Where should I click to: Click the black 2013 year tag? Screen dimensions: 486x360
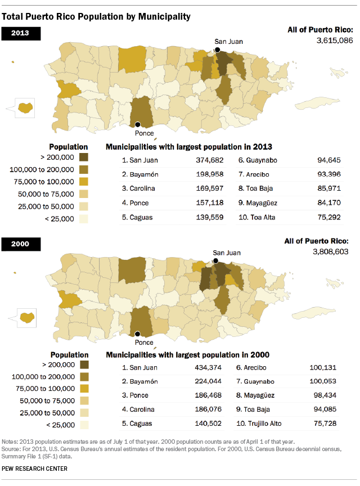point(23,33)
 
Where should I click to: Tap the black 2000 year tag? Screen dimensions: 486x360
point(23,244)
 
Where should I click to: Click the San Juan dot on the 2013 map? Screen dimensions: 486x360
point(218,50)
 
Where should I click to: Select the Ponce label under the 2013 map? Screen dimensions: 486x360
point(145,133)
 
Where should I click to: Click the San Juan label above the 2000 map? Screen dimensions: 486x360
point(226,253)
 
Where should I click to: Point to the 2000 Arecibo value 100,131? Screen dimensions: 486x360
point(323,367)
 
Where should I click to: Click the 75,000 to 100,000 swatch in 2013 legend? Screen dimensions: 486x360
point(84,181)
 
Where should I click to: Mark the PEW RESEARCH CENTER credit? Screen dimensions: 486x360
point(35,469)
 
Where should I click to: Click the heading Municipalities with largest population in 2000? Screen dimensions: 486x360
point(187,355)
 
